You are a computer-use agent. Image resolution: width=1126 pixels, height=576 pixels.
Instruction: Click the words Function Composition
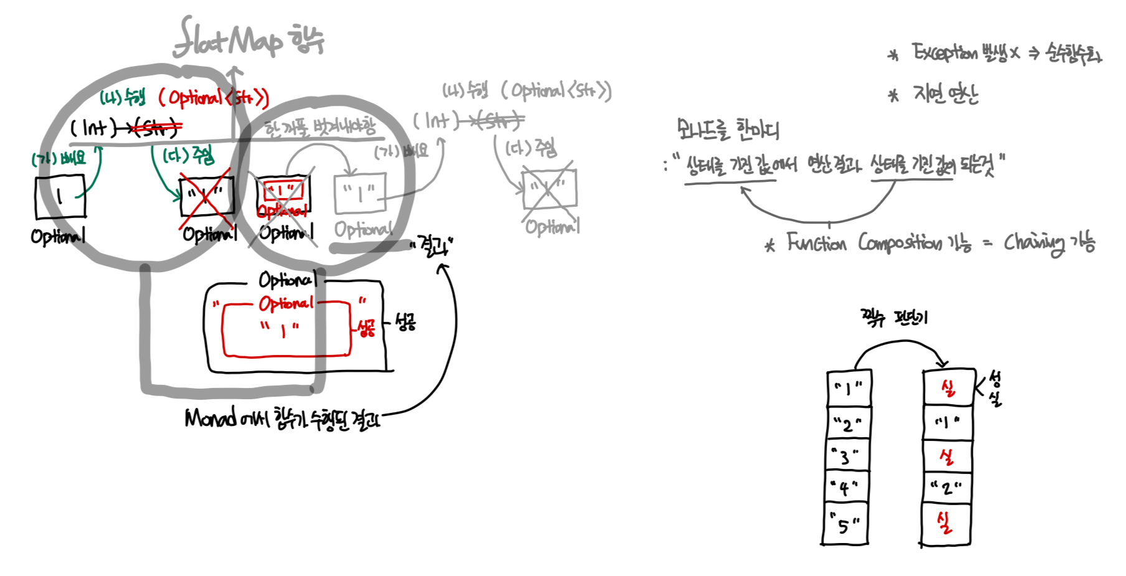864,242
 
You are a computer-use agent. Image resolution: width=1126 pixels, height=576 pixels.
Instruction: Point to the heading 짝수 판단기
893,318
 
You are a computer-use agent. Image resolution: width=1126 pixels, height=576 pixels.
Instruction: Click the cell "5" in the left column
845,525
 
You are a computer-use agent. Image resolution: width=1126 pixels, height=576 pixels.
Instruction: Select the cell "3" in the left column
847,456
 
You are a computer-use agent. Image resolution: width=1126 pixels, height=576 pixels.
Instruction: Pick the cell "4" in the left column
845,488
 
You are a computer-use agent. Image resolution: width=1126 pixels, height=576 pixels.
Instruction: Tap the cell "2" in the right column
946,488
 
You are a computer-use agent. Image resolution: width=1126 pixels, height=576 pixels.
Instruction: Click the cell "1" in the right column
947,423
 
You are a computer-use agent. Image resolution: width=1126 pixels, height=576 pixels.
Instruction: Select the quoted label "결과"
431,245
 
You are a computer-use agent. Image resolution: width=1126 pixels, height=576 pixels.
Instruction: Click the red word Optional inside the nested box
286,304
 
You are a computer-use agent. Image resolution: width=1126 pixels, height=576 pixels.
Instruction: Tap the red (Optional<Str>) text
213,98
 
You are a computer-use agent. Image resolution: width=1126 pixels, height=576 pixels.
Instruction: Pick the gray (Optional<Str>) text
556,91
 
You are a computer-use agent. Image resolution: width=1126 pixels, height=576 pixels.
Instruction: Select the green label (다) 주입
188,155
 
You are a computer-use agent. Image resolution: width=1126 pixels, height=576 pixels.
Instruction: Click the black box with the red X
207,197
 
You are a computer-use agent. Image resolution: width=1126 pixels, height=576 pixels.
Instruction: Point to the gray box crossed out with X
549,189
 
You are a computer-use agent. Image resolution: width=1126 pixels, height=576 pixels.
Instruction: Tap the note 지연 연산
945,95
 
